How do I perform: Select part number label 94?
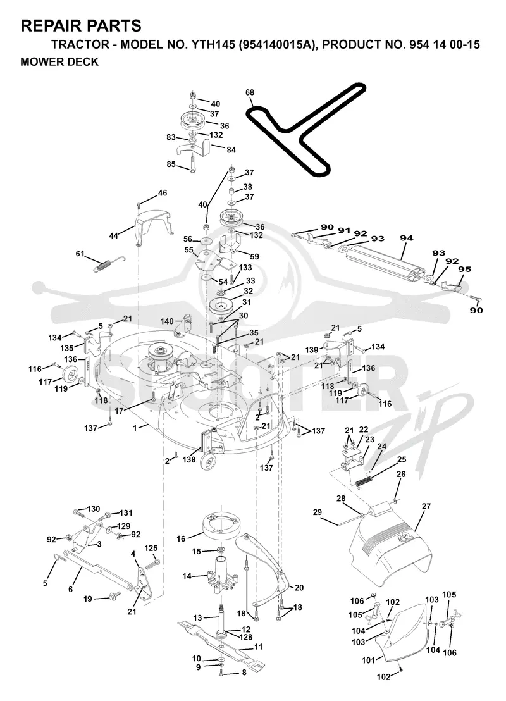[x=406, y=239]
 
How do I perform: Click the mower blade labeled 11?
[x=221, y=642]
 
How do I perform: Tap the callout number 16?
[x=181, y=538]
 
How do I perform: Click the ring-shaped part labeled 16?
[x=222, y=526]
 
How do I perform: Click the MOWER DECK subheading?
[x=59, y=62]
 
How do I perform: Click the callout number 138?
[x=189, y=459]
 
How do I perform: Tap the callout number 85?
[x=171, y=164]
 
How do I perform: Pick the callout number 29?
[x=318, y=512]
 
